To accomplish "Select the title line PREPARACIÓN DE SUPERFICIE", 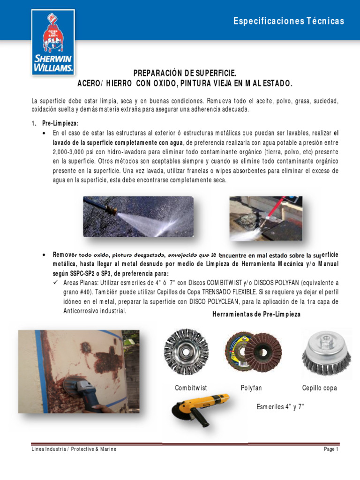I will point(185,74).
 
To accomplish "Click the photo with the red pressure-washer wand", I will point(265,218).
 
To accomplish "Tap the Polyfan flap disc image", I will point(253,352).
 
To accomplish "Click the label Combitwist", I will point(191,388).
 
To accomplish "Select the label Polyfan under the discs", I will point(251,388).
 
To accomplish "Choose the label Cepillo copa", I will point(320,388).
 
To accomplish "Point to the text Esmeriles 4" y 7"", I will point(280,406).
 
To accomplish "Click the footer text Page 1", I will point(330,449).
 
